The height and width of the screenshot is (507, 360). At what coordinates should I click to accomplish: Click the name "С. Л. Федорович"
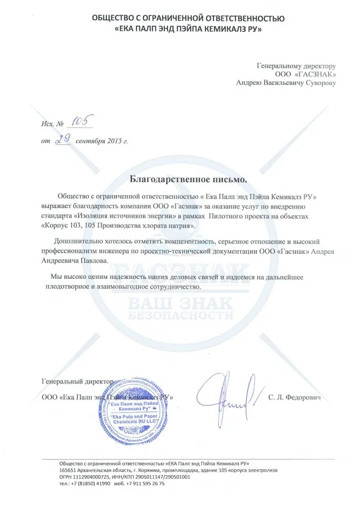(x=293, y=397)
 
